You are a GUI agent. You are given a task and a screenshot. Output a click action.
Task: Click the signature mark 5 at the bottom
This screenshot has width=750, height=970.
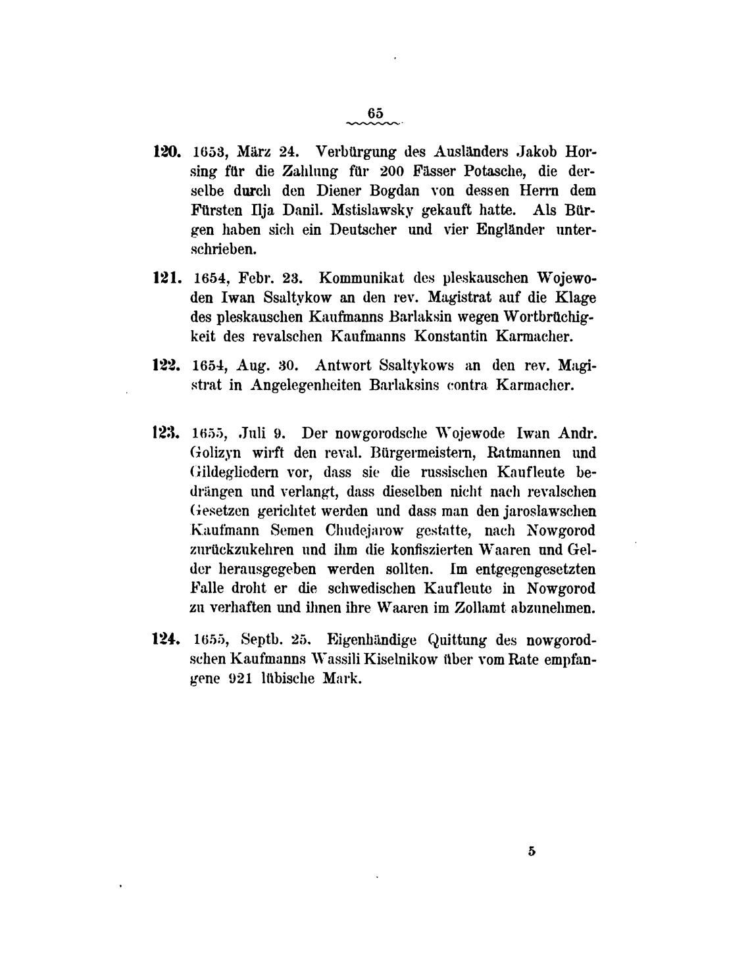pyautogui.click(x=532, y=851)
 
